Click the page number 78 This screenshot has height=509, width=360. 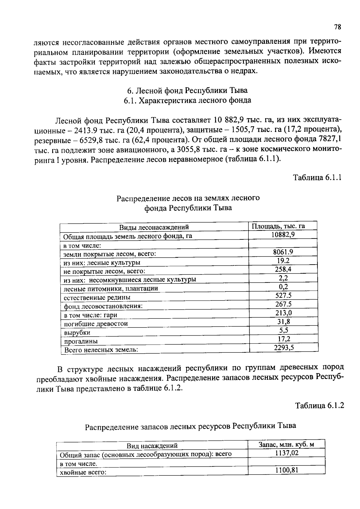(x=337, y=27)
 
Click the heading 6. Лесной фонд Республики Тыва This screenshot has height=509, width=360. (x=187, y=90)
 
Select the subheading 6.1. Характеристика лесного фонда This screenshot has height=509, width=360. (x=187, y=100)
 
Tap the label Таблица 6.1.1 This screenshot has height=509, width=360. (x=317, y=178)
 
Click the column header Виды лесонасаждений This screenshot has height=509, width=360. (x=154, y=227)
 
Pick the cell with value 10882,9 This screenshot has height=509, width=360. (x=283, y=235)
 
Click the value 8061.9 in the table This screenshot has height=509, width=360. (x=283, y=252)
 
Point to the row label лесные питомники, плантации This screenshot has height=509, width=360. (x=111, y=289)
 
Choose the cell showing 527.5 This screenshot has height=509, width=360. (x=283, y=295)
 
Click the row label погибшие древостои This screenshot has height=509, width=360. (x=96, y=324)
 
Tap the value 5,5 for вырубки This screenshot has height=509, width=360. (x=283, y=330)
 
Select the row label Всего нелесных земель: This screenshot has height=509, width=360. (x=101, y=350)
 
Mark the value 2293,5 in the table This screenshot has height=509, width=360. (x=284, y=347)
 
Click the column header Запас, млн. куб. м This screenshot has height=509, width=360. (x=286, y=444)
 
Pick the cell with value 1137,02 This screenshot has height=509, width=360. (x=287, y=453)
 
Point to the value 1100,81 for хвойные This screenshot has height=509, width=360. (x=286, y=470)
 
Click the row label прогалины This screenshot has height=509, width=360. (x=81, y=341)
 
